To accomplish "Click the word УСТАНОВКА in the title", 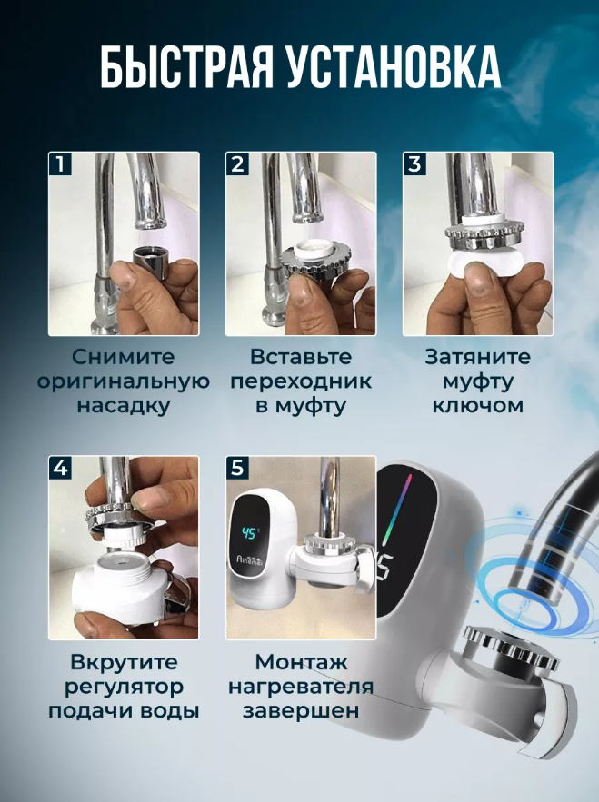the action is pyautogui.click(x=394, y=67).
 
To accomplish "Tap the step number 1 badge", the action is pyautogui.click(x=60, y=164).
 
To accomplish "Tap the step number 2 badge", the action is pyautogui.click(x=237, y=164).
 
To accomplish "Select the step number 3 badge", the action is pyautogui.click(x=414, y=164).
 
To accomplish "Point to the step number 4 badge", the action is pyautogui.click(x=60, y=468).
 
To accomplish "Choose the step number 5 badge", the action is pyautogui.click(x=237, y=468).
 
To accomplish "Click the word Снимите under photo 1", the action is pyautogui.click(x=124, y=357).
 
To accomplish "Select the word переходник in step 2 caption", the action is pyautogui.click(x=301, y=381).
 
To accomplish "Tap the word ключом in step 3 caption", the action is pyautogui.click(x=478, y=405).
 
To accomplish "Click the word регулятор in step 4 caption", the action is pyautogui.click(x=124, y=687).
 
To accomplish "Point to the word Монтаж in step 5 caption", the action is pyautogui.click(x=301, y=662).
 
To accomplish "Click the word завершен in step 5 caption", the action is pyautogui.click(x=301, y=711).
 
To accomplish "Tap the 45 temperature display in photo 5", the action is pyautogui.click(x=248, y=533).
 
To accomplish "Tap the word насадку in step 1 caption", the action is pyautogui.click(x=124, y=406).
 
